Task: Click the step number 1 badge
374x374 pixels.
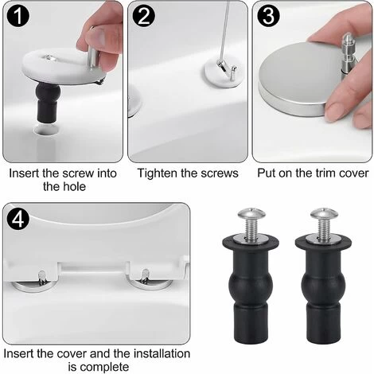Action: click(x=18, y=16)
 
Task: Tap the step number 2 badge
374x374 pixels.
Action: click(x=143, y=16)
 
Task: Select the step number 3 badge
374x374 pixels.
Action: click(x=268, y=16)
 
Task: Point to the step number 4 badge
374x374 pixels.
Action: click(x=18, y=219)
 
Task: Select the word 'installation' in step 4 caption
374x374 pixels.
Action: click(x=162, y=354)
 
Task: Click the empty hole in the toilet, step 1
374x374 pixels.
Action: click(x=45, y=129)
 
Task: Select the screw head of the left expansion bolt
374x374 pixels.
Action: click(x=251, y=214)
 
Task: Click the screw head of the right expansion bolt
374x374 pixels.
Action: click(x=324, y=214)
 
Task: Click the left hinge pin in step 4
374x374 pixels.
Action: click(x=42, y=277)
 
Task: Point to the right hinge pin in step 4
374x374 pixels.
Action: click(x=145, y=276)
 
